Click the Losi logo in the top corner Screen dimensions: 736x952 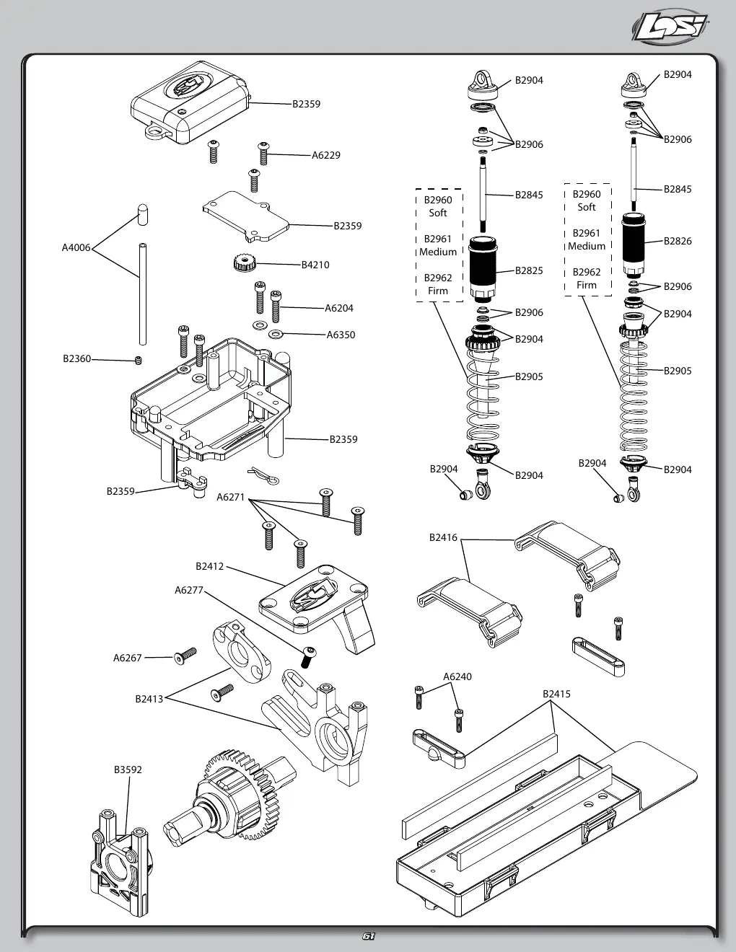click(670, 27)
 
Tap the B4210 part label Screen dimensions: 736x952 click(315, 265)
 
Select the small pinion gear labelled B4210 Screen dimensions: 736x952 click(245, 263)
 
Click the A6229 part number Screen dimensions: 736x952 click(325, 155)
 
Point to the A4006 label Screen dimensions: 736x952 click(76, 247)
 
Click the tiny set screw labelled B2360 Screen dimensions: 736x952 click(139, 361)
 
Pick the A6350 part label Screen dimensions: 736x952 click(341, 335)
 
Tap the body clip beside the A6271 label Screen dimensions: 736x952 click(263, 476)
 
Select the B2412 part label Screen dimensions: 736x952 click(209, 566)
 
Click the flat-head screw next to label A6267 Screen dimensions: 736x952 click(185, 656)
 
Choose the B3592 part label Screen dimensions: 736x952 click(128, 770)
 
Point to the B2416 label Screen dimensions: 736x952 click(443, 537)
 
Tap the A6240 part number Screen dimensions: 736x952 click(457, 676)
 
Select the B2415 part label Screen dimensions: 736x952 click(557, 694)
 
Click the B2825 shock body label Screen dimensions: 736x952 click(529, 270)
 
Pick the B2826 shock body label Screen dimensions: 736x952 click(678, 241)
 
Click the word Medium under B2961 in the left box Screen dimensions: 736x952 click(438, 252)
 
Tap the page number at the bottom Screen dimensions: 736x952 click(369, 936)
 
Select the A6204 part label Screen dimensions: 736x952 click(339, 309)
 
